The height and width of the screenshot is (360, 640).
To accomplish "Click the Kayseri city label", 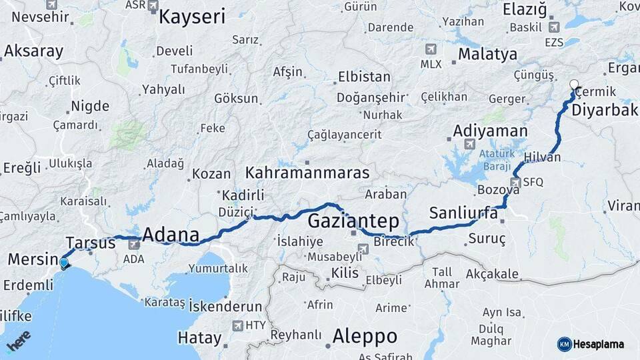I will (192, 17).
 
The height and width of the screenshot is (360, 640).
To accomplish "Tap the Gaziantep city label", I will (353, 221).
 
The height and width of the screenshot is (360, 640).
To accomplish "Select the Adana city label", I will (171, 235).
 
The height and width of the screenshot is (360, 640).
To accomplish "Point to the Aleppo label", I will (365, 335).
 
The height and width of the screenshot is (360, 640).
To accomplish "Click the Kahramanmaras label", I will (307, 173).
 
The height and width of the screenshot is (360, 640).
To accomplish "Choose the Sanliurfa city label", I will (463, 213).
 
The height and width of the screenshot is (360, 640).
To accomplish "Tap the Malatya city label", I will (487, 54).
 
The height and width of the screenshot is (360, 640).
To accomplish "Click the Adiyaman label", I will (490, 131).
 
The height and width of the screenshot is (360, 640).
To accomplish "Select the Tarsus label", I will (91, 243).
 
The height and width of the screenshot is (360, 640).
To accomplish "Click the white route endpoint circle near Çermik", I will (575, 85).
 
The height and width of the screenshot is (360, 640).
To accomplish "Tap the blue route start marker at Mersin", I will (64, 263).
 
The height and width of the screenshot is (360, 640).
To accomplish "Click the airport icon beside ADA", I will (133, 245).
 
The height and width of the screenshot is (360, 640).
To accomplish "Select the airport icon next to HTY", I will (238, 325).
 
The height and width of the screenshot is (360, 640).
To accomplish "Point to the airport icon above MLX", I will (431, 49).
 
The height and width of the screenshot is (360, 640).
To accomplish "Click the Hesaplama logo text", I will (599, 344).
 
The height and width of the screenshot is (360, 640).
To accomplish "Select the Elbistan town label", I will (364, 77).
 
